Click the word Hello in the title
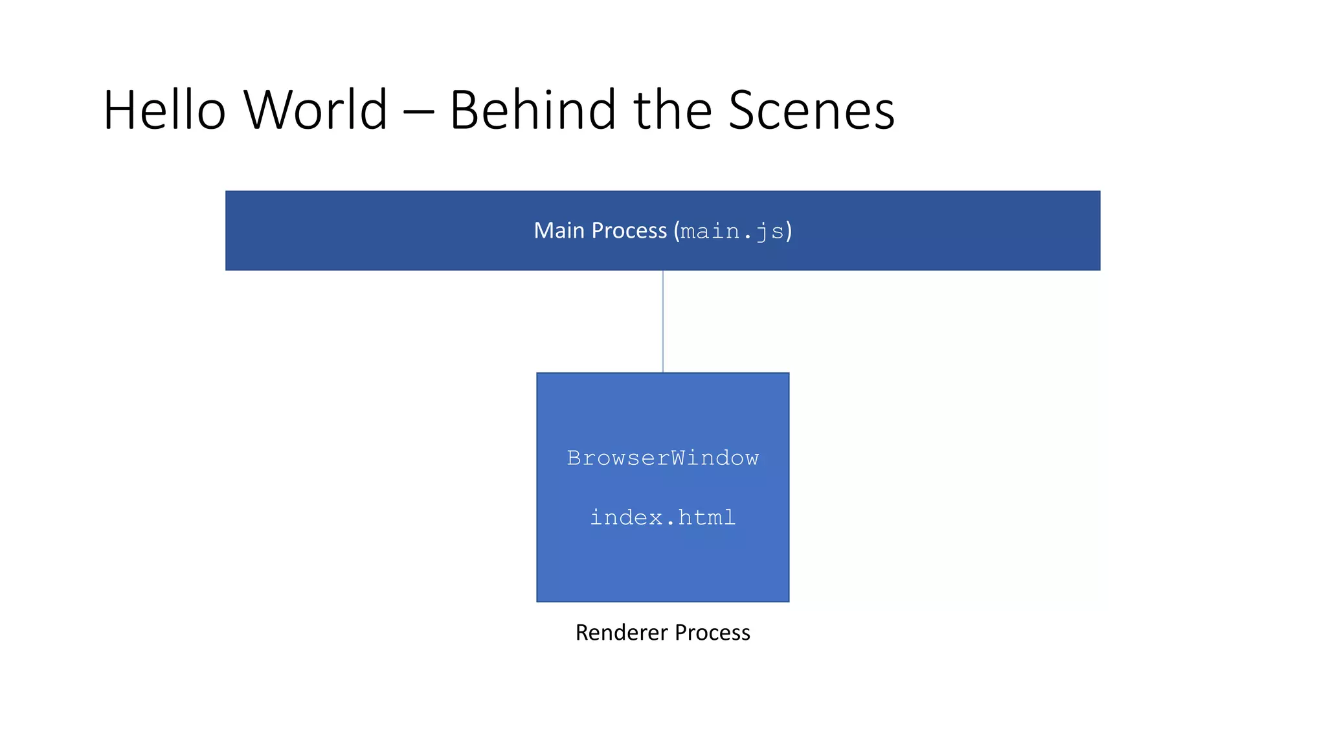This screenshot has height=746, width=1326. click(x=164, y=110)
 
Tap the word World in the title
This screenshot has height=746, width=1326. click(x=316, y=110)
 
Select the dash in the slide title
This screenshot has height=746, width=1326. click(x=418, y=113)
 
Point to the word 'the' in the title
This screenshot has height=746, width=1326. click(x=673, y=110)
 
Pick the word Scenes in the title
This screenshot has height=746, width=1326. click(x=812, y=111)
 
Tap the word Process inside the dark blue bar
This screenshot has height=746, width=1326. click(x=629, y=231)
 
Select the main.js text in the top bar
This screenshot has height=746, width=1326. click(x=732, y=232)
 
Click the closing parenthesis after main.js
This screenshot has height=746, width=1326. click(x=789, y=231)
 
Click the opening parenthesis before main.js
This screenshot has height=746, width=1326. click(x=677, y=231)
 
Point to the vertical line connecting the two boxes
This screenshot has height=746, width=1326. click(x=663, y=321)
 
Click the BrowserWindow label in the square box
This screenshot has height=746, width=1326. click(x=663, y=458)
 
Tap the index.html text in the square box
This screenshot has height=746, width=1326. click(x=663, y=517)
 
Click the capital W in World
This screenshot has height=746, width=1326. click(x=269, y=110)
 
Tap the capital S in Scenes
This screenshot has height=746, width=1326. click(x=743, y=110)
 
